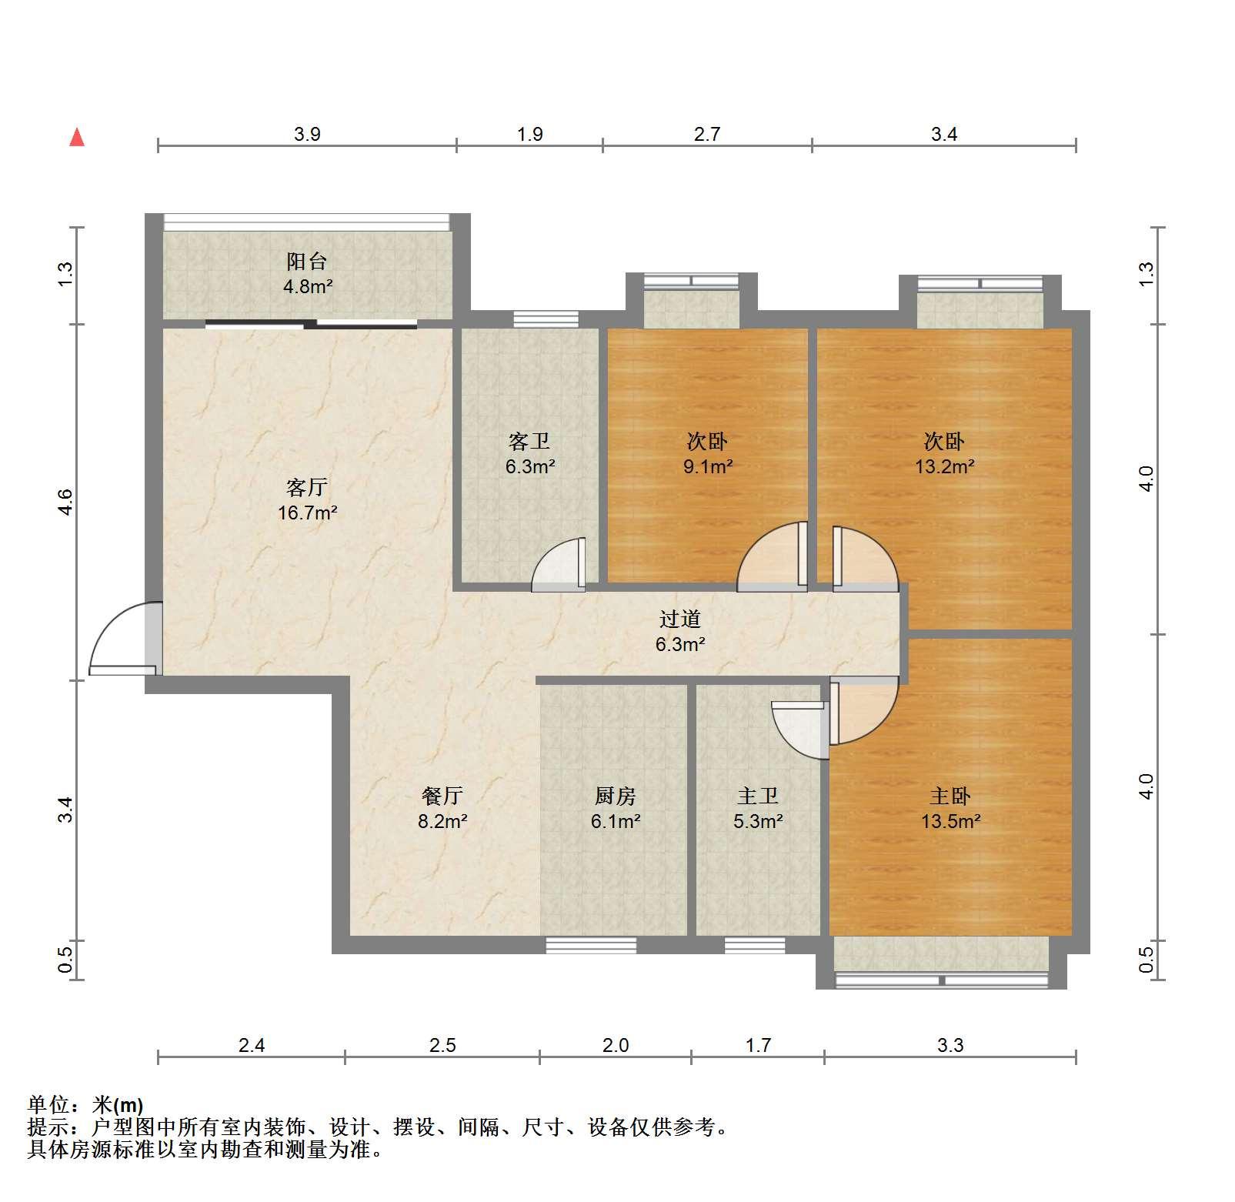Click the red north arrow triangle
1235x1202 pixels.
77,138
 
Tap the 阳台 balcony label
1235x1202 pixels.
307,262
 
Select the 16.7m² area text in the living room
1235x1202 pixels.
308,513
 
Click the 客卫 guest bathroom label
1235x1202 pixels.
529,442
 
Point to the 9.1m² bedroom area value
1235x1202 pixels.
708,466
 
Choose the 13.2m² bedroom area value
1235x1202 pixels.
945,466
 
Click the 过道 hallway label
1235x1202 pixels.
681,619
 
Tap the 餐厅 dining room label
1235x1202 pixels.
442,796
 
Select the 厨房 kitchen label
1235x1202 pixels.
616,796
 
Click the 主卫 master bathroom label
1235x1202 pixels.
758,796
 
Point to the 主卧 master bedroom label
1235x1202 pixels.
950,796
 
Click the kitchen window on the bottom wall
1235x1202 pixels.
592,945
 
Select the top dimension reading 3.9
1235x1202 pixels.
307,135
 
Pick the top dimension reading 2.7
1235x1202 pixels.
707,135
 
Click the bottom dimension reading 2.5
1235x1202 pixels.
442,1045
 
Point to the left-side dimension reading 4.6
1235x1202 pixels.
65,502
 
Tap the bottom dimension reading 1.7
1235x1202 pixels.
758,1045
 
